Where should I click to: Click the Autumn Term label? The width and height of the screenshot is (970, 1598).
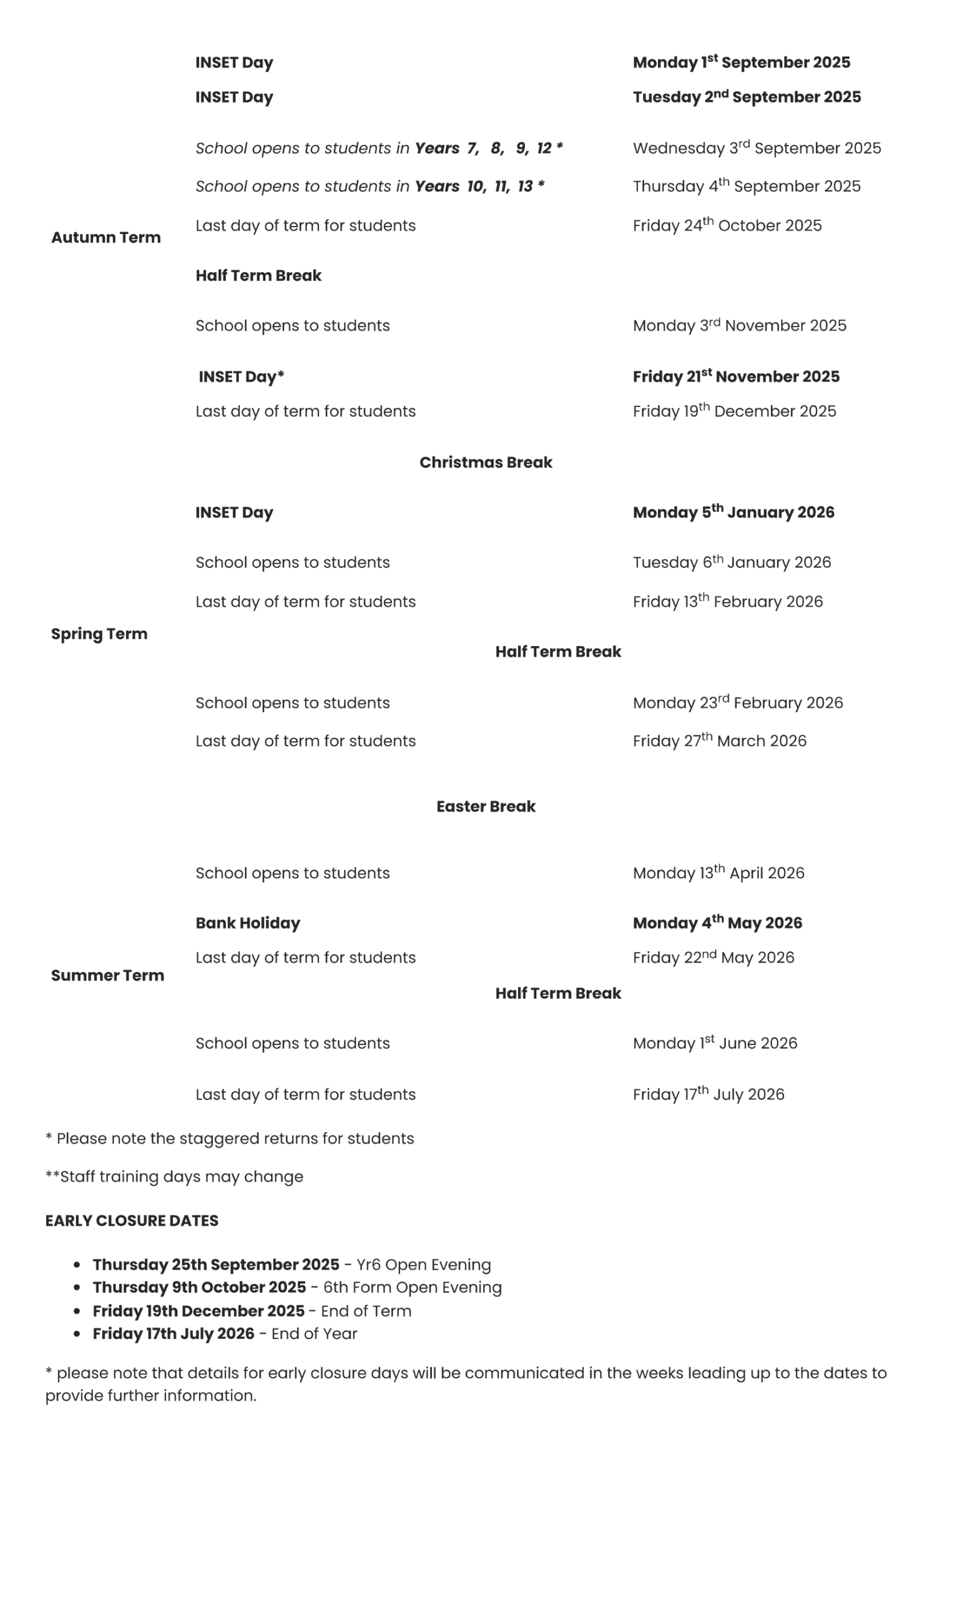pos(105,237)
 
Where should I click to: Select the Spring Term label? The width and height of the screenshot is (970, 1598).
pos(99,634)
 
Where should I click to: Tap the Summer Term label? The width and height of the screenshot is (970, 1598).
pos(107,976)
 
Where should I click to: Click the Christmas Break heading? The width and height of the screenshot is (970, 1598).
pos(486,463)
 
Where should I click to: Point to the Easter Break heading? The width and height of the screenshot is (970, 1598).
pos(486,806)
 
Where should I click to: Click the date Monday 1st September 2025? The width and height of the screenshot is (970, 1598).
pos(741,62)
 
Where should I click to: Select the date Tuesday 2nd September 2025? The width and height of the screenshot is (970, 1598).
pos(747,97)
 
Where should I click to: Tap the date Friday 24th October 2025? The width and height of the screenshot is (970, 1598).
pos(727,225)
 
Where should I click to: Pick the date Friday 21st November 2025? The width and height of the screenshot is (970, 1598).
pos(736,376)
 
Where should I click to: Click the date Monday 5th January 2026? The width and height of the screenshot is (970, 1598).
pos(733,512)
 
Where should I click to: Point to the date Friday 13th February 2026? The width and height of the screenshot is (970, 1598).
pos(728,601)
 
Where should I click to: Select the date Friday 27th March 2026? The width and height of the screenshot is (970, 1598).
pos(719,740)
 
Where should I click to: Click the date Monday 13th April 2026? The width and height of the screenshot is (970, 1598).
pos(718,873)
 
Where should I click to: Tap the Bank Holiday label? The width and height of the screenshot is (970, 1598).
pos(248,923)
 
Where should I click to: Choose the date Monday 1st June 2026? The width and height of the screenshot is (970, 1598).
pos(715,1043)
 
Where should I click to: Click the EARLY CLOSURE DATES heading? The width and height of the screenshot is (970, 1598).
pos(132,1220)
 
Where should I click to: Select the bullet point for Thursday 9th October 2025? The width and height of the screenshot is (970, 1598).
pos(77,1287)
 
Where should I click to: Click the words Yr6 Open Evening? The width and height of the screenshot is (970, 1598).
pos(423,1265)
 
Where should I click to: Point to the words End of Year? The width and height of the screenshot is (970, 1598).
pos(314,1333)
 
